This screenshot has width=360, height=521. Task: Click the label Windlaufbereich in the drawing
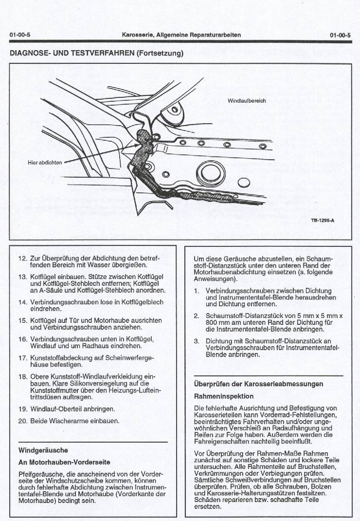coord(247,101)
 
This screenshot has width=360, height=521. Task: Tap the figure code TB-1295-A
coord(322,221)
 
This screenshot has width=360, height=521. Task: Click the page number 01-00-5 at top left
coord(19,35)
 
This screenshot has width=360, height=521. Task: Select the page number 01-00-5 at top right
coord(340,35)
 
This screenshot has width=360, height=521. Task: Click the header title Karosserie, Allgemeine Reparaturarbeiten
coord(181,35)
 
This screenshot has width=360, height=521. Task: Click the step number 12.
coord(22,258)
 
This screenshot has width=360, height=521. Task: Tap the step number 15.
coord(22,320)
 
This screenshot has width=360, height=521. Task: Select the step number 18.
coord(22,376)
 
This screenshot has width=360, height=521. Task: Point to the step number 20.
coord(22,421)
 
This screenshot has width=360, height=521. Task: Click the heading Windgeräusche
coord(43,450)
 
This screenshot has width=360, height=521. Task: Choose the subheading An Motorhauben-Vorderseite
coord(64,462)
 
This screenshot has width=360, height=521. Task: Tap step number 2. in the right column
coord(197,316)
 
